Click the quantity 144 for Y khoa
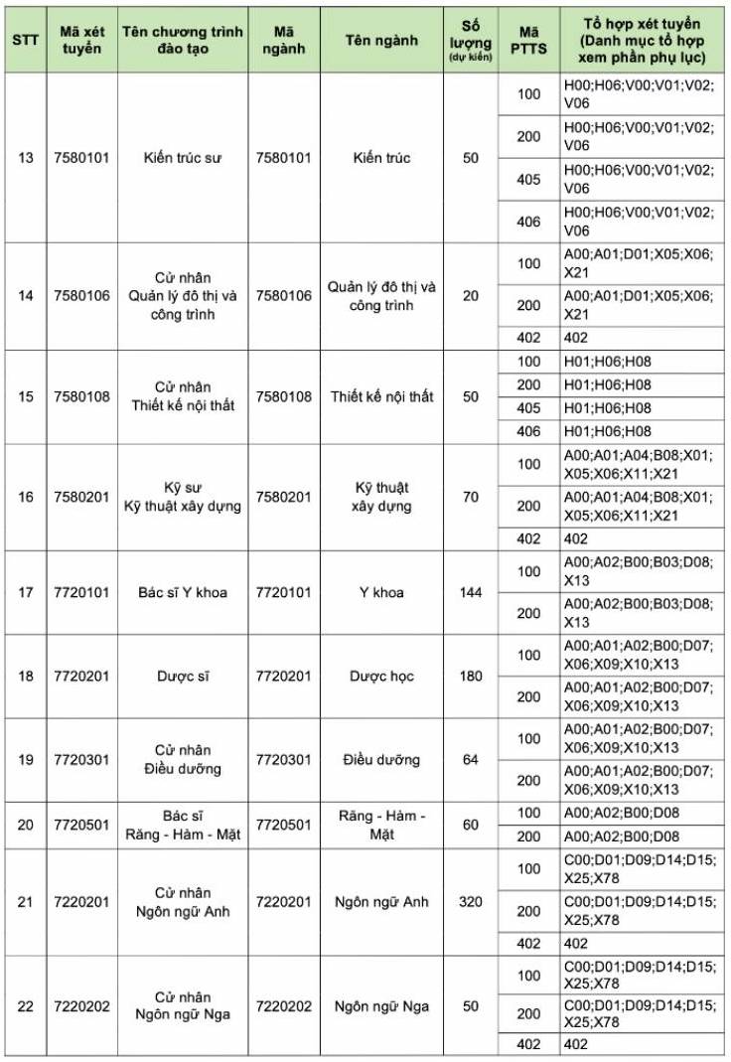[x=471, y=593]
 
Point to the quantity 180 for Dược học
[x=471, y=677]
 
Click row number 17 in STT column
[x=26, y=593]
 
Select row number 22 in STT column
[x=26, y=1006]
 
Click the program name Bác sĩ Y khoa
[x=183, y=593]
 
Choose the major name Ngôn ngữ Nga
[x=381, y=1006]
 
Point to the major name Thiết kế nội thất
[x=381, y=396]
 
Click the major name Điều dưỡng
[x=381, y=760]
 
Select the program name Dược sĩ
[x=183, y=677]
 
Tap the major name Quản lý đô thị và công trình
[x=381, y=296]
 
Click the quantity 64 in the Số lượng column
[x=471, y=760]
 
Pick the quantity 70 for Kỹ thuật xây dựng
[x=471, y=497]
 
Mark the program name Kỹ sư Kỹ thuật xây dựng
[x=183, y=497]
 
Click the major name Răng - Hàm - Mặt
[x=381, y=825]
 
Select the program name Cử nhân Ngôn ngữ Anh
[x=183, y=902]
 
